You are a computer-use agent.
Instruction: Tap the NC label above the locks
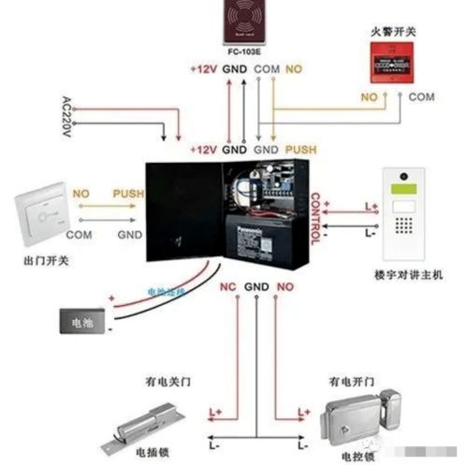225,285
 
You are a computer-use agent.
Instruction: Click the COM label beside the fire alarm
422,96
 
